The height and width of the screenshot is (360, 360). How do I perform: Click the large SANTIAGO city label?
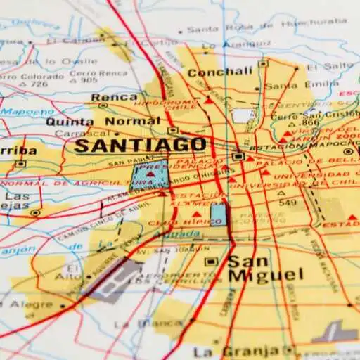pos(141,146)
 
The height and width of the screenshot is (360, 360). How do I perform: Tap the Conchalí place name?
pos(220,72)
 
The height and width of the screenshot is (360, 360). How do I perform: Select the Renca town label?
pos(104,97)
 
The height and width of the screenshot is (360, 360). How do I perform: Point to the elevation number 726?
pos(39,84)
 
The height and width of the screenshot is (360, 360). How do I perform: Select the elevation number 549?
pos(287,202)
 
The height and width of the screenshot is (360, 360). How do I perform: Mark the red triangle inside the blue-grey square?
pos(150,172)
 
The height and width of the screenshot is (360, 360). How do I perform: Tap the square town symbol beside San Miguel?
pos(210,262)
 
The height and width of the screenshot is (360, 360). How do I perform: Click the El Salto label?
pos(341,65)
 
